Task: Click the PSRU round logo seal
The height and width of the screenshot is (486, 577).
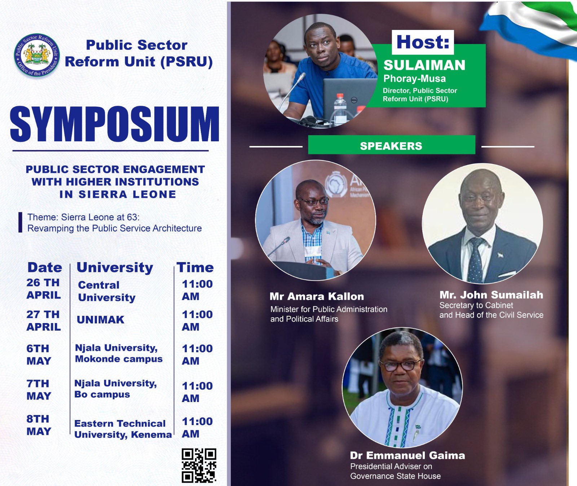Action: click(36, 56)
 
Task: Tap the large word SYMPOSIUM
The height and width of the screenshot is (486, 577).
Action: click(114, 124)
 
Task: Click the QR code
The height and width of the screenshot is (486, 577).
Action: click(199, 465)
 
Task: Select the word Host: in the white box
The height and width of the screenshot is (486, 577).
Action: click(423, 42)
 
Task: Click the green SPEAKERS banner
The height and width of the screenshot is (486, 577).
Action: click(391, 145)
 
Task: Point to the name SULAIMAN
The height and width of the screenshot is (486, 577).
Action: click(424, 65)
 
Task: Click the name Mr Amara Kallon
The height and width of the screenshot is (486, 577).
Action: click(317, 296)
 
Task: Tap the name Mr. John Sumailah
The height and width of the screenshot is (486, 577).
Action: click(491, 295)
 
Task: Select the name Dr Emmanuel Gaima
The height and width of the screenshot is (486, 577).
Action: click(408, 455)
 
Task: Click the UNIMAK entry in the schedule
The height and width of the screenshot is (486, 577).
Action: click(101, 320)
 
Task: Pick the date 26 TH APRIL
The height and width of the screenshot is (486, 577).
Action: click(43, 289)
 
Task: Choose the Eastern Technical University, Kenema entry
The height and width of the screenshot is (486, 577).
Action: click(123, 429)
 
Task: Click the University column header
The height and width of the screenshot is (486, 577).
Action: click(115, 268)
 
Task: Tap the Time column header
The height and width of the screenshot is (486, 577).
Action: click(195, 268)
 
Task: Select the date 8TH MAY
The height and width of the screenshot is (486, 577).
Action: click(39, 425)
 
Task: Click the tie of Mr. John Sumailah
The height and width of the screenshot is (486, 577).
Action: click(475, 260)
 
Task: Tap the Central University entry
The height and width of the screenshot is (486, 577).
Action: click(107, 291)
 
